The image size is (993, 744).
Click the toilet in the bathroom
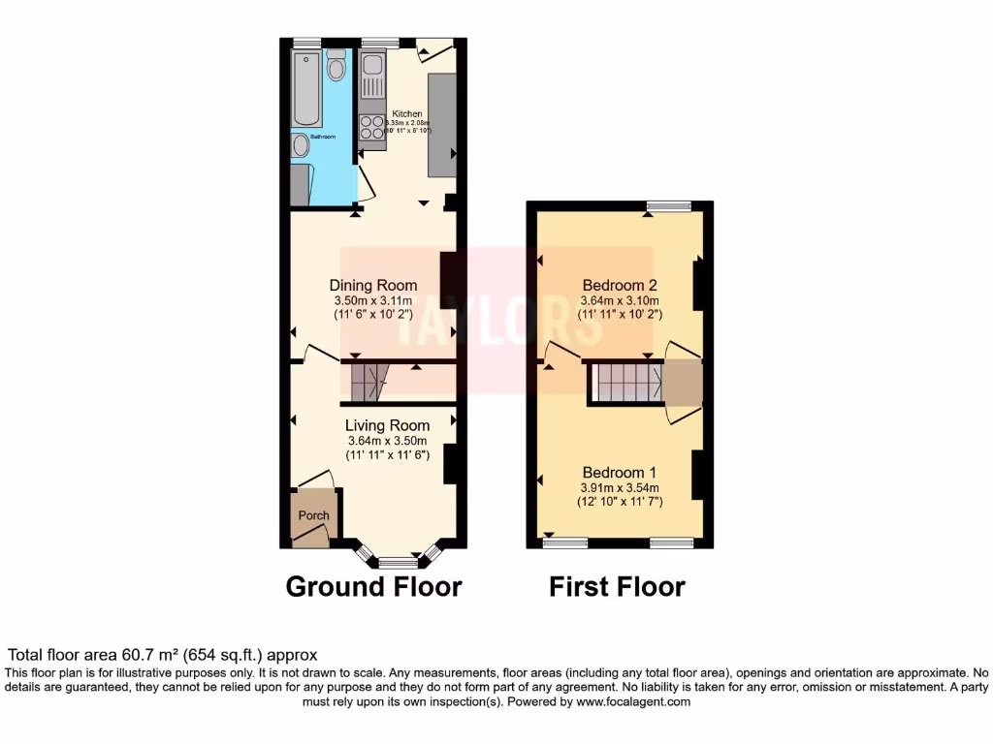[336, 66]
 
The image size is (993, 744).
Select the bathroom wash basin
[301, 146]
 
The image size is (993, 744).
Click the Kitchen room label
[406, 114]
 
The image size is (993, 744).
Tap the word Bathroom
[323, 138]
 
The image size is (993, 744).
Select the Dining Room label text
[373, 285]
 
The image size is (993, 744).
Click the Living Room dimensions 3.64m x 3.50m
[387, 441]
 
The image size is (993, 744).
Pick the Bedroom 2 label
[620, 285]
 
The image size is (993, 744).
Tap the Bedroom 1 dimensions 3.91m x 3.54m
[620, 487]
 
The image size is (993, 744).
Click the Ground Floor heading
[373, 586]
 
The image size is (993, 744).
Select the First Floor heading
[617, 586]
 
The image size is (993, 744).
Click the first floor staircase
[625, 382]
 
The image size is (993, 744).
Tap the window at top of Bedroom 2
[669, 205]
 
